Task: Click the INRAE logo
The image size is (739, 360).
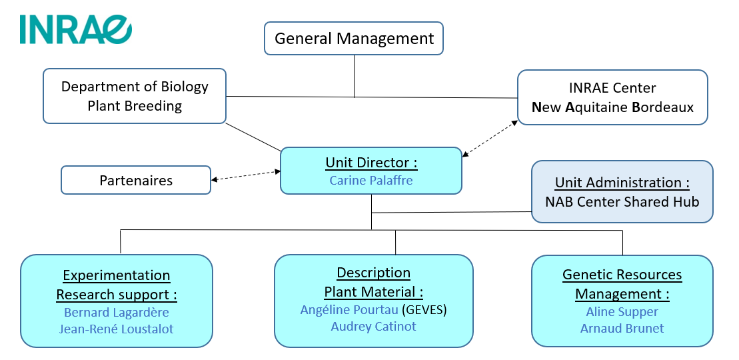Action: [75, 29]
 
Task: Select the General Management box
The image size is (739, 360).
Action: [354, 39]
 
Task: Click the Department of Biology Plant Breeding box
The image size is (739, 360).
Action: [135, 96]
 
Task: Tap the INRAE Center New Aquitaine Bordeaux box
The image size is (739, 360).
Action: [612, 97]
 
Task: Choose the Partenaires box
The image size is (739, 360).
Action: [136, 181]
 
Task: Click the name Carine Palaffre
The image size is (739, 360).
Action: [370, 181]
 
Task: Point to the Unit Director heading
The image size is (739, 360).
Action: [370, 163]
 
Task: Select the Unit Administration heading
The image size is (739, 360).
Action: [622, 183]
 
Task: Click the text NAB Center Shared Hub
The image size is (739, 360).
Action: [622, 201]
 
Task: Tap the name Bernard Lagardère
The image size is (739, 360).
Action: [117, 312]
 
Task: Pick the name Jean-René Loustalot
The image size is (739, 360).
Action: [117, 329]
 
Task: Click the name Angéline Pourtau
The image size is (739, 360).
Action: [349, 309]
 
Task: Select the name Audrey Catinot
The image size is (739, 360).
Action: [373, 327]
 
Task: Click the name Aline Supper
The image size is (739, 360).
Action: [622, 311]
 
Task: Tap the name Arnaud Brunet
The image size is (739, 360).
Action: [622, 328]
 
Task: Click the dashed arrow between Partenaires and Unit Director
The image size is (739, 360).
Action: [245, 175]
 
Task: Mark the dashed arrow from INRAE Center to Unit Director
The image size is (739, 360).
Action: [490, 139]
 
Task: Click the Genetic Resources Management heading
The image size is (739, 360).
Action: [622, 284]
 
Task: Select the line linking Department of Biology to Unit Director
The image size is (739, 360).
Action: [253, 137]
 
